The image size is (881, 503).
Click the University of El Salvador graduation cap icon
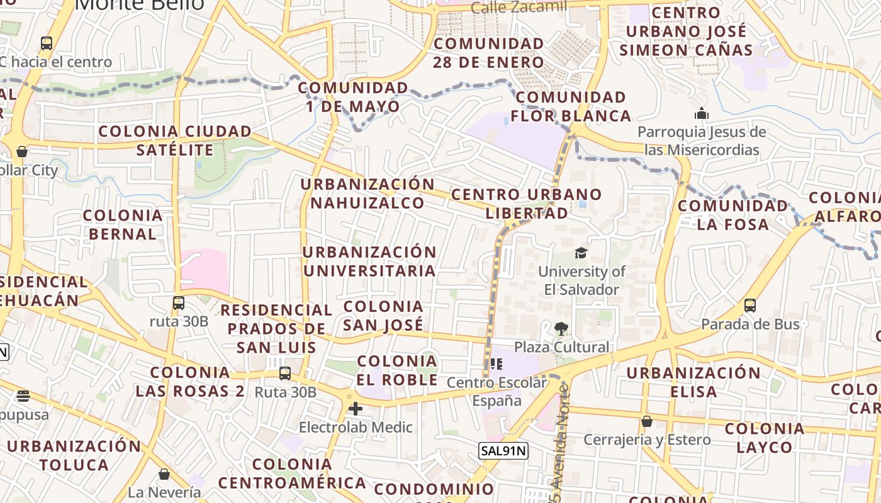click(x=581, y=253)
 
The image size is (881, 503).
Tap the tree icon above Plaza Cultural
click(x=561, y=328)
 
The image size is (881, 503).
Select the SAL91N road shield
click(x=503, y=450)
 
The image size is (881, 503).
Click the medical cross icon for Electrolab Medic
click(x=356, y=409)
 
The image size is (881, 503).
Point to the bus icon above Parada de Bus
click(x=749, y=306)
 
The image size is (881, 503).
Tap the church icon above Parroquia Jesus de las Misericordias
click(x=701, y=114)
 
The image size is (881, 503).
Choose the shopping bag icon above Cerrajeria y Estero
click(x=646, y=421)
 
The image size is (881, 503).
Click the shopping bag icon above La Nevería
click(x=164, y=473)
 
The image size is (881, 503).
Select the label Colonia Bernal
click(x=123, y=224)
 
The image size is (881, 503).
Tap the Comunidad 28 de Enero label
click(x=488, y=53)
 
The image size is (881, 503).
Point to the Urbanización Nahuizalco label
click(x=368, y=194)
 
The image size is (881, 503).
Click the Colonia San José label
click(x=383, y=316)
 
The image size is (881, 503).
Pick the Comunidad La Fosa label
click(x=732, y=215)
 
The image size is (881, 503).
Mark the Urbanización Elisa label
click(x=693, y=382)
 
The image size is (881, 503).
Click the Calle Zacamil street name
click(x=519, y=8)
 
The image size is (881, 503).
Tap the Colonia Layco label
click(x=765, y=438)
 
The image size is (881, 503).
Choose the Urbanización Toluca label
click(x=74, y=456)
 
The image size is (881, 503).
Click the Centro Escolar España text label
click(x=497, y=391)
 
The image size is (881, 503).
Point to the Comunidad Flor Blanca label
click(x=571, y=106)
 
